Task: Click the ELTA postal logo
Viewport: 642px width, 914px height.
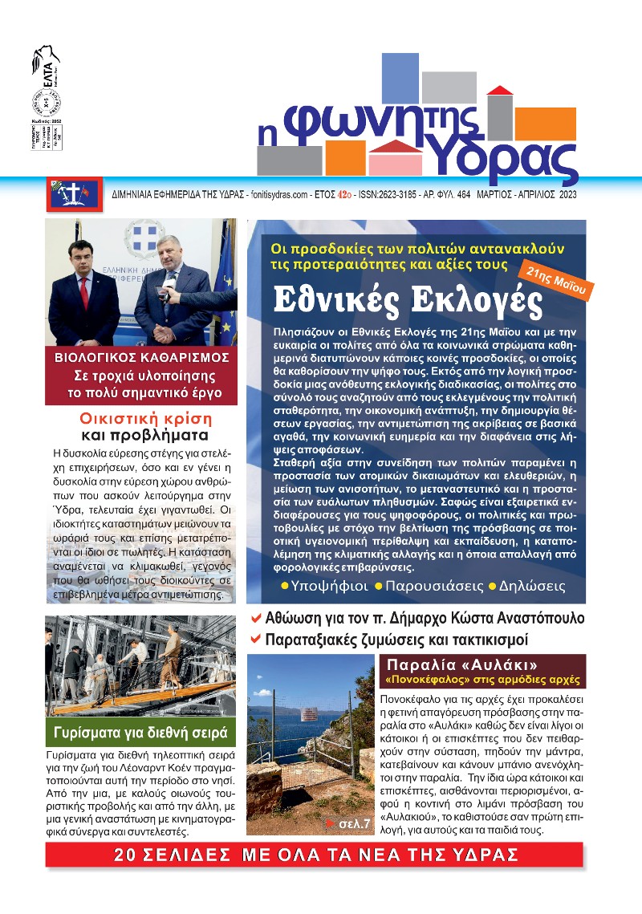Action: (x=45, y=65)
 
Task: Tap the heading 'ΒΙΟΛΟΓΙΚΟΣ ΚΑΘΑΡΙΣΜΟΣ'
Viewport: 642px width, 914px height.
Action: (x=141, y=357)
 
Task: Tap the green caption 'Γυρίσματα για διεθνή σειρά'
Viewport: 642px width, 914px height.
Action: (x=140, y=732)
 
